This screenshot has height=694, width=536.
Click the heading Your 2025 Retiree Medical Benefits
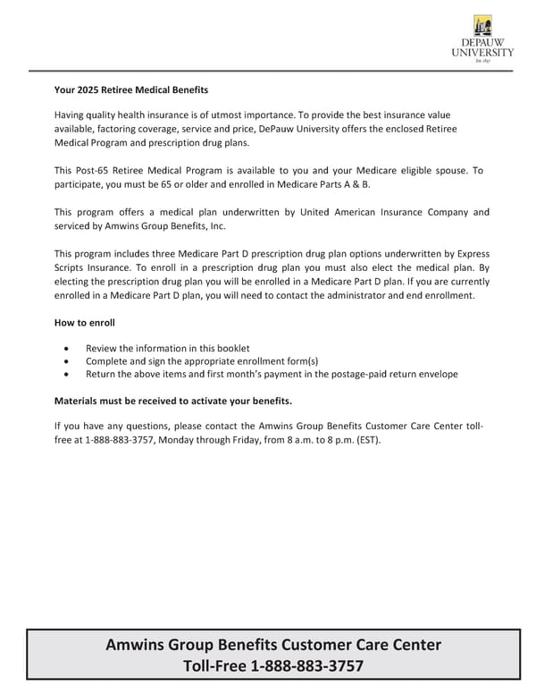(130, 90)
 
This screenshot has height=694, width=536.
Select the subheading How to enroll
(85, 322)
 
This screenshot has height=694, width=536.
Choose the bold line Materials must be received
(172, 400)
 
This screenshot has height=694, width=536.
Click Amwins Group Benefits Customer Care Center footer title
(273, 645)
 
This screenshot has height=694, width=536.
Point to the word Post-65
(96, 170)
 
